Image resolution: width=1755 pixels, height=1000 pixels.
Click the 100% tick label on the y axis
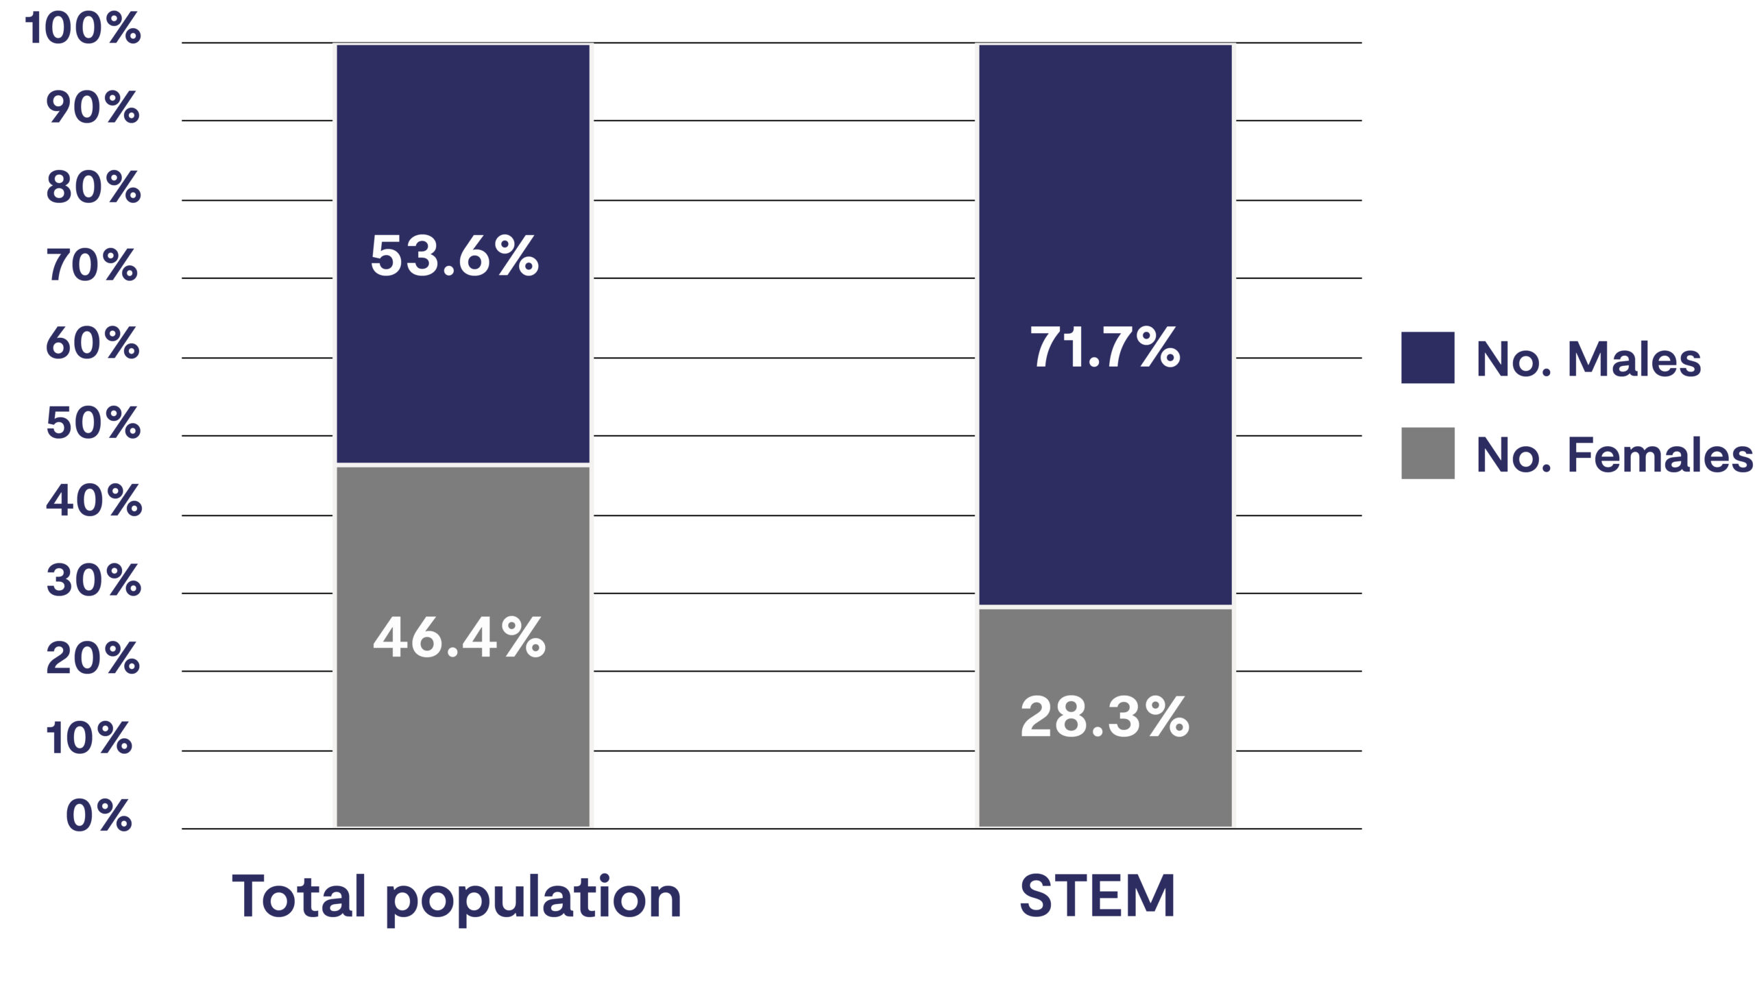(82, 29)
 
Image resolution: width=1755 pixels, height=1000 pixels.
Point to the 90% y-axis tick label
(93, 108)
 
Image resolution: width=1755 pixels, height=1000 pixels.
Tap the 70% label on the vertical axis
(92, 265)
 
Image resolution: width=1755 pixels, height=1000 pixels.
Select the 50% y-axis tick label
(93, 422)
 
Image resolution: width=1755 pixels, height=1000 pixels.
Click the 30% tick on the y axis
(93, 581)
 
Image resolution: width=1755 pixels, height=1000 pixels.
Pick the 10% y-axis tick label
(88, 738)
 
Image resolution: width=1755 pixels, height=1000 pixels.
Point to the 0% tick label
(98, 816)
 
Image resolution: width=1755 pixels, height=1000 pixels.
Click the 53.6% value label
(454, 256)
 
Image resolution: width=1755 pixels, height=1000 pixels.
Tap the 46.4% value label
(459, 638)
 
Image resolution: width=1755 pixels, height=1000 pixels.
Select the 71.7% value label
(1104, 347)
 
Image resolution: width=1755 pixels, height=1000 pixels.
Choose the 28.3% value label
(1104, 717)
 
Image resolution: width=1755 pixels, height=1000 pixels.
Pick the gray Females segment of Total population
(462, 742)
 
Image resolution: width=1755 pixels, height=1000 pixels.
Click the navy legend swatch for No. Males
(1427, 358)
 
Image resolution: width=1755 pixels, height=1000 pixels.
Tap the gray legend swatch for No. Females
(1427, 453)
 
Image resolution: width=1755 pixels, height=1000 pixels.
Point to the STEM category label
(1097, 896)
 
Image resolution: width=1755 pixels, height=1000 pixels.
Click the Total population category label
(457, 897)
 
